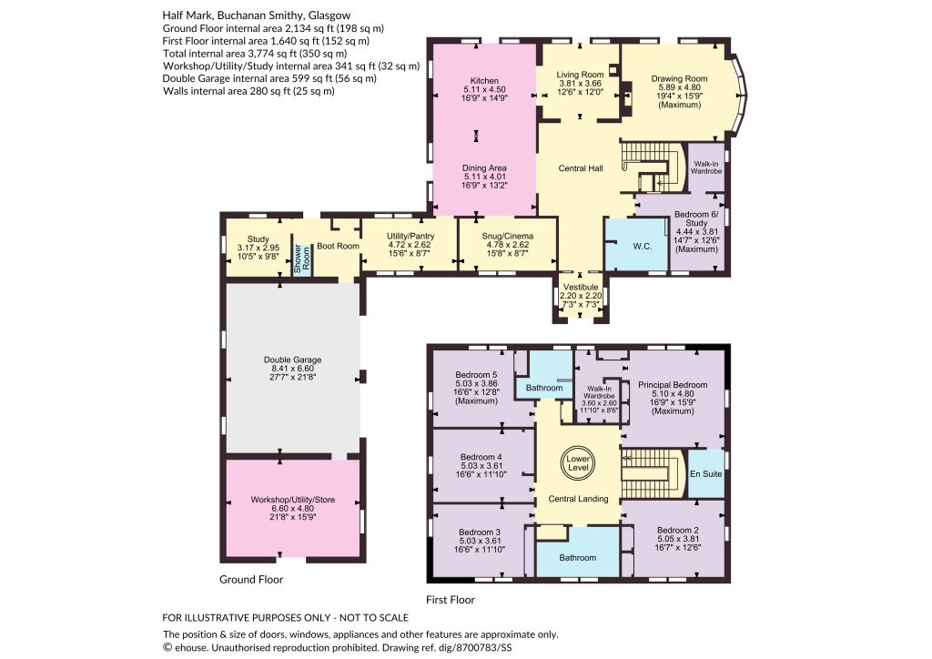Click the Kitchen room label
pos(484,81)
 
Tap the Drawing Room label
pos(679,78)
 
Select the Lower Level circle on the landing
pos(578,463)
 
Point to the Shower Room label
pos(302,259)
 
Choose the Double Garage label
pos(292,360)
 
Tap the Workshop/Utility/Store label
pos(292,500)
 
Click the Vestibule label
pos(581,287)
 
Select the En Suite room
pos(706,473)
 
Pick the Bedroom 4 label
pos(481,457)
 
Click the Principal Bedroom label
pos(673,385)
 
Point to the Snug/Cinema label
pos(508,236)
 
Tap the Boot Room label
pos(338,246)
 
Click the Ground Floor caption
pos(251,580)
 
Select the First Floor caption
pos(451,600)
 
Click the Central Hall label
pos(581,168)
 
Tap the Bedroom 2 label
pos(677,530)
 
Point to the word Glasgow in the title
pos(329,15)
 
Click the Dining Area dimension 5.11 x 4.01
pos(484,177)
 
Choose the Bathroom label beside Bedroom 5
pos(544,388)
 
